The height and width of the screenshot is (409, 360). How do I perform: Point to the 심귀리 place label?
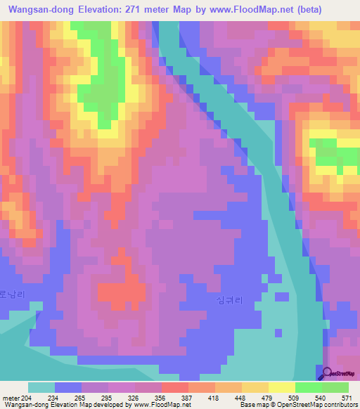pos(229,299)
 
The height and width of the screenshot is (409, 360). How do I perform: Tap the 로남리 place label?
pos(12,295)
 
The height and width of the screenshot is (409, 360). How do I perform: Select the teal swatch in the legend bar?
pos(41,387)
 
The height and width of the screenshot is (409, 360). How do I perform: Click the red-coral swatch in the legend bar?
pos(174,387)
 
